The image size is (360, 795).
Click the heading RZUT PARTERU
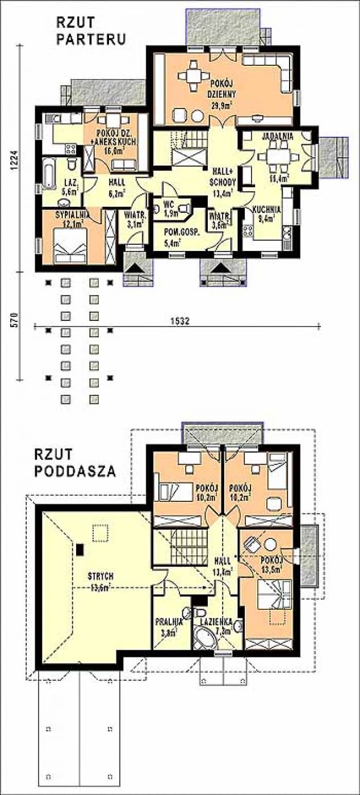coord(90,31)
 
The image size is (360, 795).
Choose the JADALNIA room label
coord(277,137)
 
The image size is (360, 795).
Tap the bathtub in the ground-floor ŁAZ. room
coord(49,176)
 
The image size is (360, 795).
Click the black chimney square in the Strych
coord(80,549)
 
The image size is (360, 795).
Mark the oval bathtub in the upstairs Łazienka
coord(204,639)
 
